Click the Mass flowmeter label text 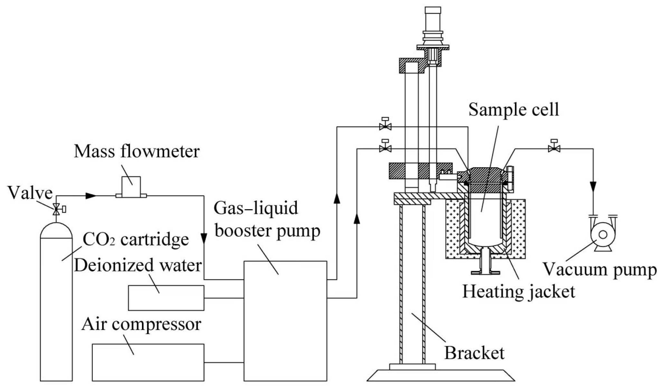137,151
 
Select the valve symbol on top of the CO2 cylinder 57,210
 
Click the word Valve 30,193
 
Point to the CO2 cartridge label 136,239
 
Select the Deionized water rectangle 166,298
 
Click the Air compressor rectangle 148,362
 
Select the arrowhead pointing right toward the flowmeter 91,195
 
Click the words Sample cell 513,109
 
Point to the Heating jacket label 518,291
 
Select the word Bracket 474,353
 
